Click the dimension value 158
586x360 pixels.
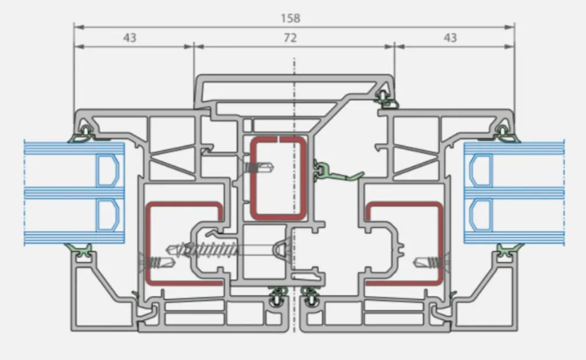pyautogui.click(x=290, y=18)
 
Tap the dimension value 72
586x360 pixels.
pyautogui.click(x=290, y=38)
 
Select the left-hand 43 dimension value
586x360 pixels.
pyautogui.click(x=130, y=38)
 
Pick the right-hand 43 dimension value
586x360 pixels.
pyautogui.click(x=450, y=38)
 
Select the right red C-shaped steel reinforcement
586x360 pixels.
pyautogui.click(x=440, y=243)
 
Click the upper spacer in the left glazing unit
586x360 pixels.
pyautogui.click(x=108, y=171)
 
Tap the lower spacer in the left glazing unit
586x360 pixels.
pyautogui.click(x=108, y=215)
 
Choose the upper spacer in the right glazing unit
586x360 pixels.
pyautogui.click(x=480, y=171)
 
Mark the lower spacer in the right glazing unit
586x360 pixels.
pyautogui.click(x=480, y=215)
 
